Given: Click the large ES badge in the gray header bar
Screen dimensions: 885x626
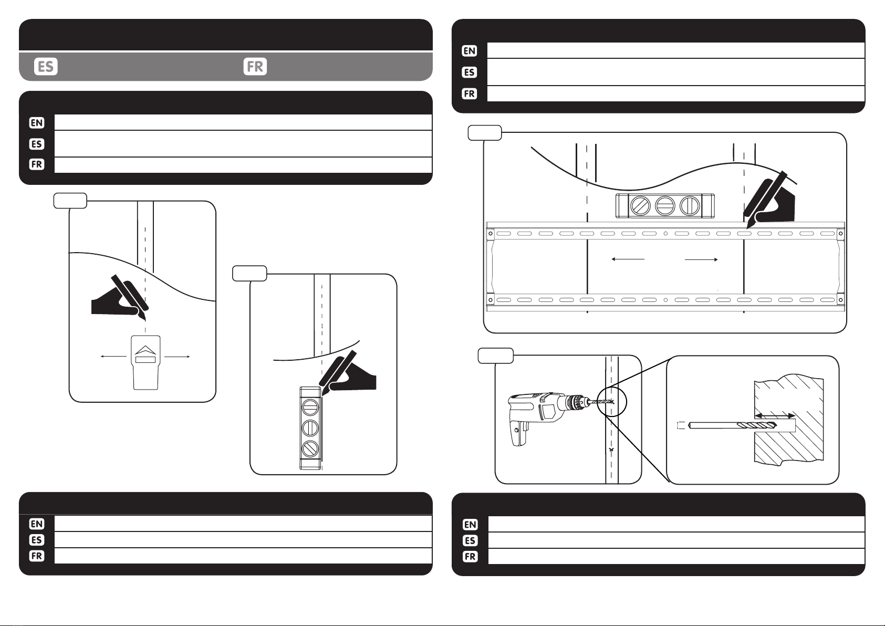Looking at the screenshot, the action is (46, 66).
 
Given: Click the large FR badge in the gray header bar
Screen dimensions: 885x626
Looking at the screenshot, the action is (255, 66).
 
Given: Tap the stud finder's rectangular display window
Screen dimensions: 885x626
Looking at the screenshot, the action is (145, 360).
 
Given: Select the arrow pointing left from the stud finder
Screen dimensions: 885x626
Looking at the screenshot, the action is (114, 357).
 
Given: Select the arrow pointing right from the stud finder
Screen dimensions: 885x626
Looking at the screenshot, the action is (177, 357).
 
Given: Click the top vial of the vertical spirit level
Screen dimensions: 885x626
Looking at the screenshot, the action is (310, 406).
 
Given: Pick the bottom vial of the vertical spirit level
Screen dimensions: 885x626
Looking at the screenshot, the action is (310, 449).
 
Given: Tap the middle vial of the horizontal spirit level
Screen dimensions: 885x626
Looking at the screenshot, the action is (664, 206).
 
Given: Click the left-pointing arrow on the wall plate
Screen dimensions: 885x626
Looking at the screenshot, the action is (628, 259).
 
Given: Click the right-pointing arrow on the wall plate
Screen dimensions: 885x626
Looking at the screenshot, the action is (701, 259).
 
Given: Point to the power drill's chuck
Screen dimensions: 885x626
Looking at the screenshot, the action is (577, 403).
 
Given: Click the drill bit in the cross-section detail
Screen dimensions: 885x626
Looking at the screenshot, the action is (733, 426).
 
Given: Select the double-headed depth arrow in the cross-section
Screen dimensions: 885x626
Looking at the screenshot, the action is (775, 415).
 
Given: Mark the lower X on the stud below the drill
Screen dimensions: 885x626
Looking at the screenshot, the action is (611, 450).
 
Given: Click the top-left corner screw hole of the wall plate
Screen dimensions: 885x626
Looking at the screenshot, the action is (491, 233).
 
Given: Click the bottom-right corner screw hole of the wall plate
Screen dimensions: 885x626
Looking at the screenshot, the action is (840, 300).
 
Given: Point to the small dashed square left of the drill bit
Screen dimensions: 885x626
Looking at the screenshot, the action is (681, 426).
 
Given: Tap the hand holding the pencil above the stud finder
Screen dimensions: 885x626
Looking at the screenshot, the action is (114, 299).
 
